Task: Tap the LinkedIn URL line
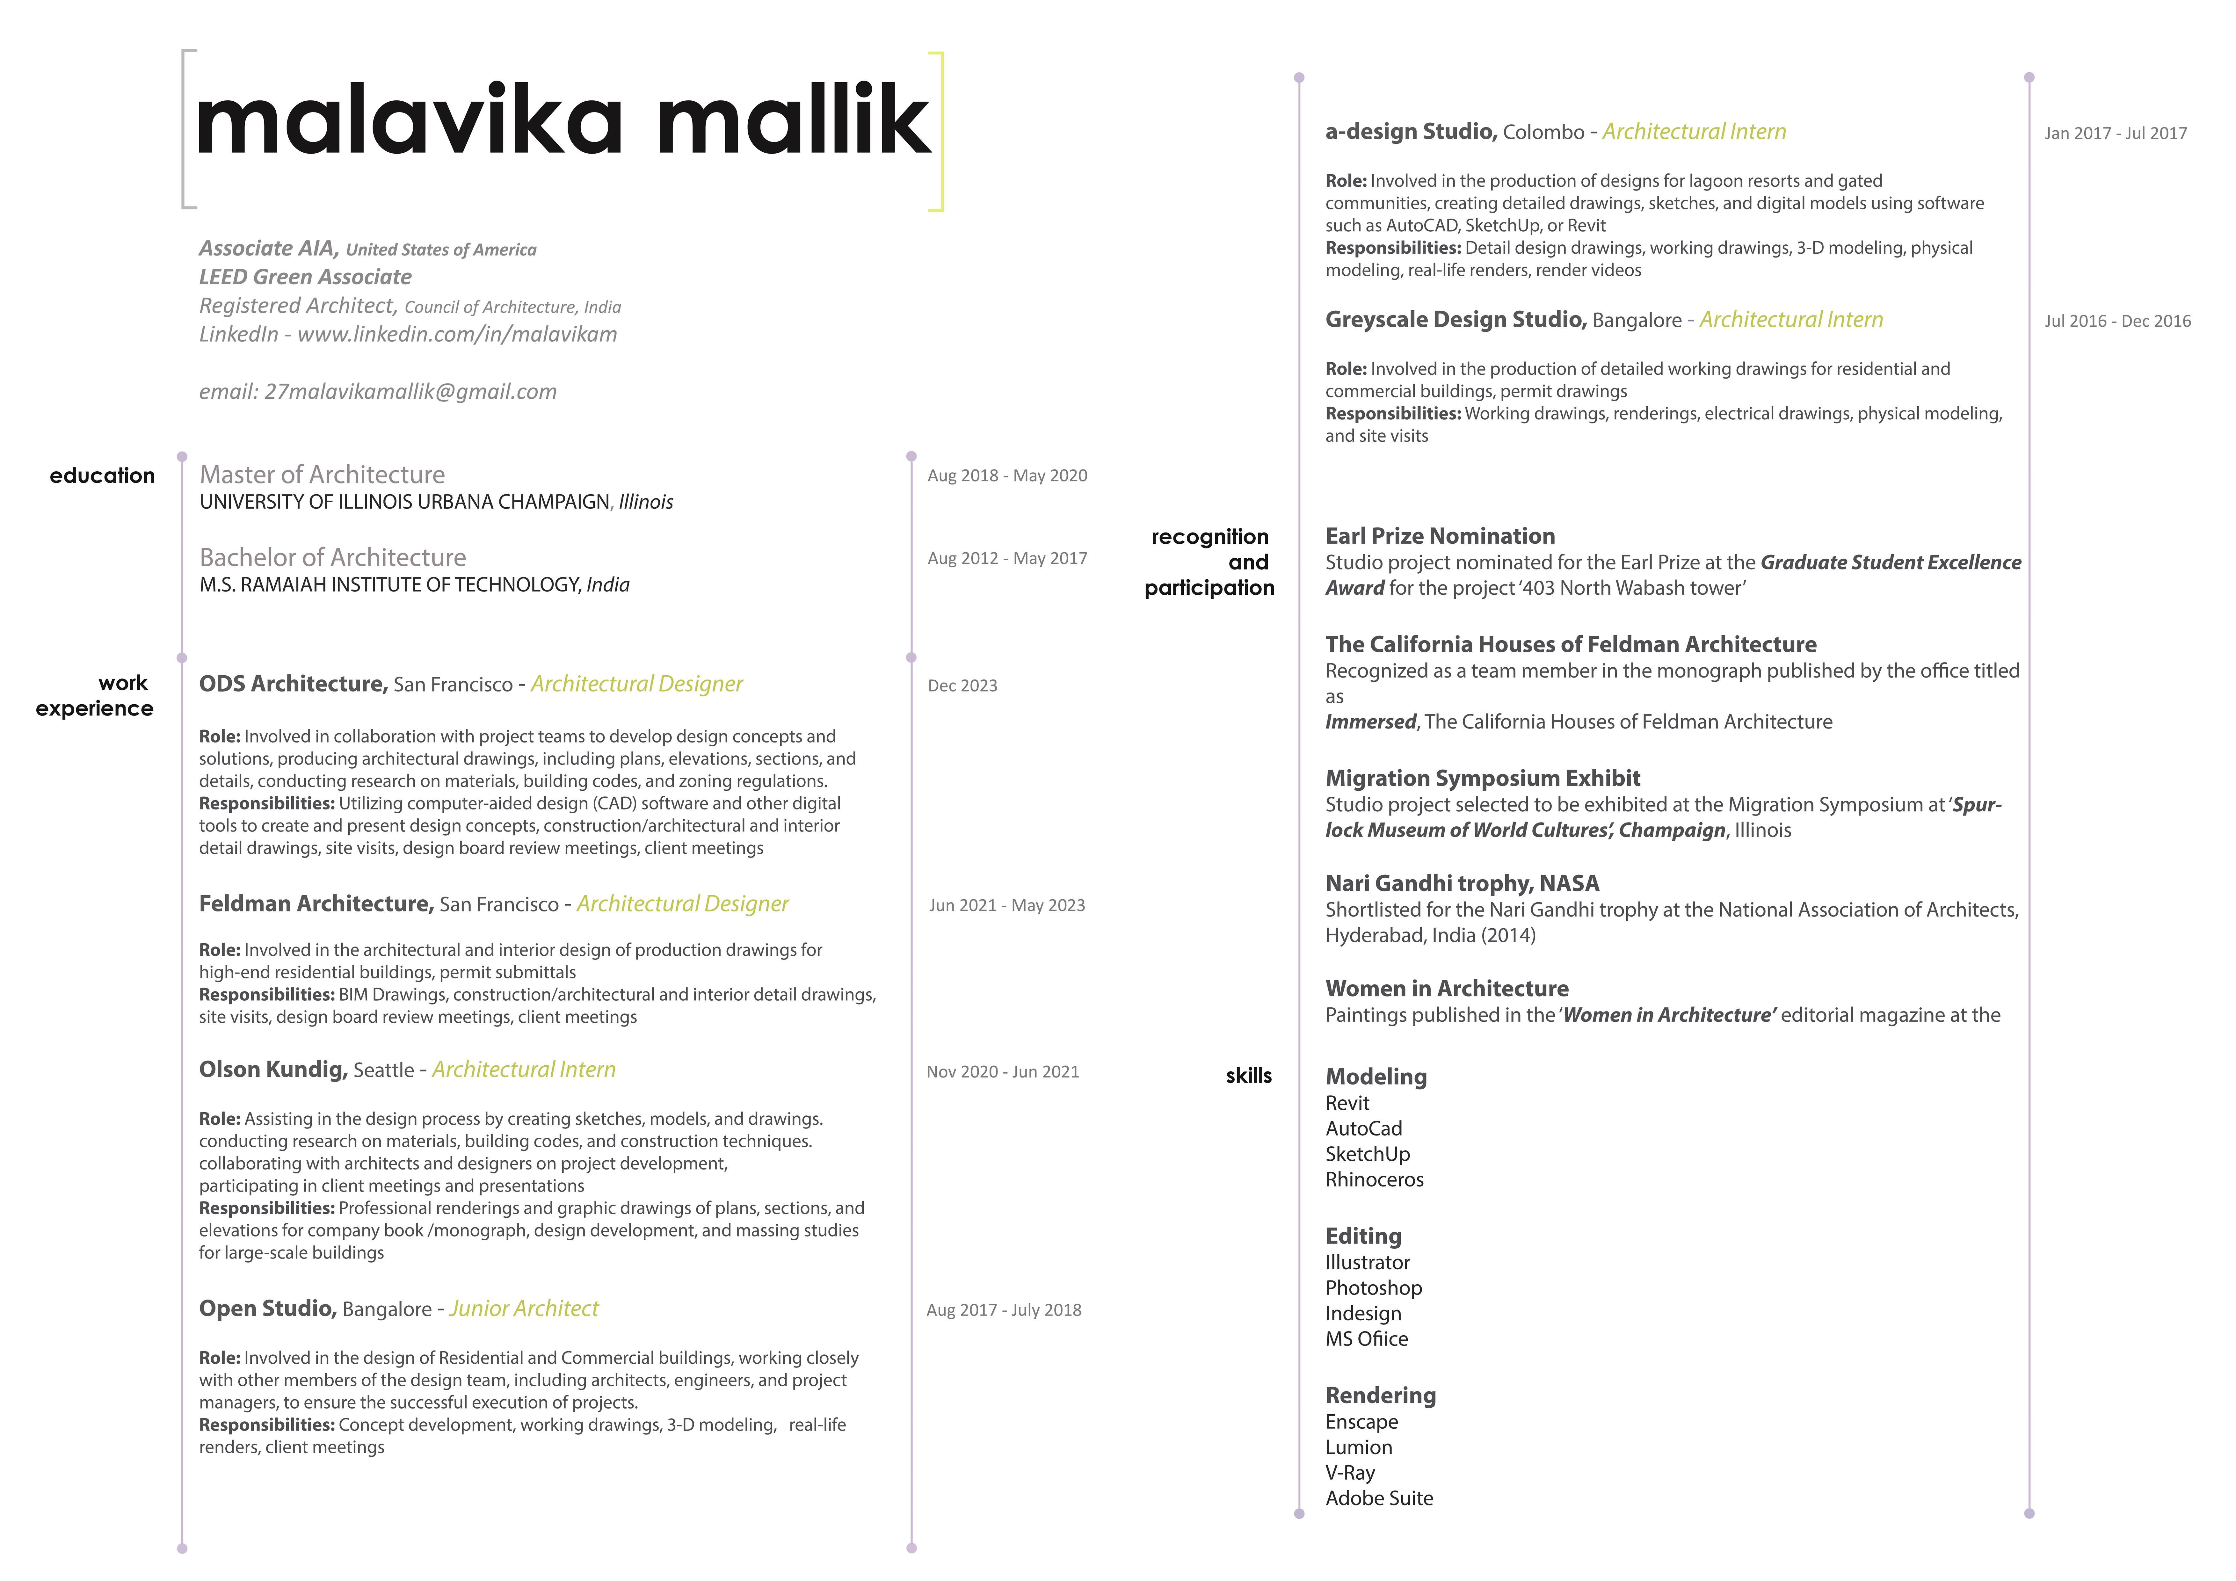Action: point(408,334)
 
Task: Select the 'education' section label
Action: point(102,475)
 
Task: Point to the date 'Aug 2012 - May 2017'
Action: point(1007,558)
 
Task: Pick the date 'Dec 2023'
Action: point(962,686)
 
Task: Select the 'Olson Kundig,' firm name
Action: point(273,1070)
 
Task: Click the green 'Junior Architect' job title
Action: point(524,1308)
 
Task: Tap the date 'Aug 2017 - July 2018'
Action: point(1003,1310)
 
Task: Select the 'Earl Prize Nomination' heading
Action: point(1439,536)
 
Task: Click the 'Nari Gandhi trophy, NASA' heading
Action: point(1462,883)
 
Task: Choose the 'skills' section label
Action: point(1248,1076)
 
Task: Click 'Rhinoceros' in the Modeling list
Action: point(1374,1180)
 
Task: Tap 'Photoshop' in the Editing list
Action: point(1373,1288)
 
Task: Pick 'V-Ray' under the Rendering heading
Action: point(1350,1473)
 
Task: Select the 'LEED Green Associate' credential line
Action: point(305,277)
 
